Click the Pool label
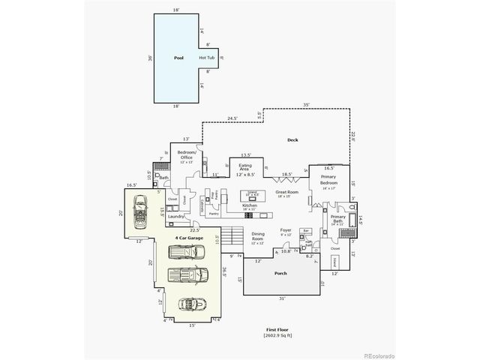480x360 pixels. pyautogui.click(x=178, y=57)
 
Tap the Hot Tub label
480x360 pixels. pyautogui.click(x=208, y=58)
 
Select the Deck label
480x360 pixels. pyautogui.click(x=293, y=140)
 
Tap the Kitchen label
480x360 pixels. pyautogui.click(x=250, y=205)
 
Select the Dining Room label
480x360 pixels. pyautogui.click(x=258, y=235)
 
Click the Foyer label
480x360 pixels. pyautogui.click(x=286, y=230)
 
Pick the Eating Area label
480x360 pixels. pyautogui.click(x=245, y=168)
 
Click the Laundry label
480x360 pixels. pyautogui.click(x=176, y=216)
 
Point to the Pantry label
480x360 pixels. pyautogui.click(x=213, y=213)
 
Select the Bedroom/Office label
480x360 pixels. pyautogui.click(x=186, y=154)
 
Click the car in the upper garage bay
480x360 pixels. pyautogui.click(x=139, y=211)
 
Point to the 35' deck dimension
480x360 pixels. pyautogui.click(x=307, y=104)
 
